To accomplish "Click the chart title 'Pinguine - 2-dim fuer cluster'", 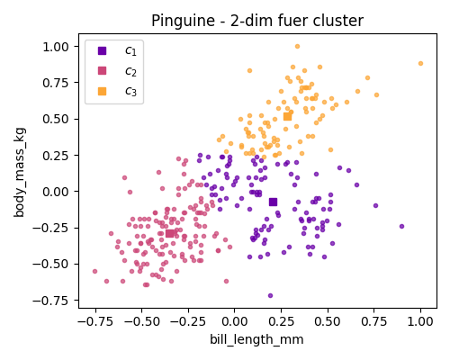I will (256, 21).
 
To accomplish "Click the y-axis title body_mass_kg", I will (20, 171).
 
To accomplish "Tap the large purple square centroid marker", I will (273, 202).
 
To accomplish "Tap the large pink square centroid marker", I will (170, 234).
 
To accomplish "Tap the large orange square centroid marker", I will (287, 116).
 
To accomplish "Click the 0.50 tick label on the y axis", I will (56, 119).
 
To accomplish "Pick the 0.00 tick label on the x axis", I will (234, 322).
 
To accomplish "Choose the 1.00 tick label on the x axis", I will (420, 322).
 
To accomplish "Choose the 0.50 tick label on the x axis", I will (327, 322).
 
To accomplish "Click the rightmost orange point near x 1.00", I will (420, 64).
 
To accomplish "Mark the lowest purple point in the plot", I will (270, 295).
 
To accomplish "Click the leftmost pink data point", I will (94, 271).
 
